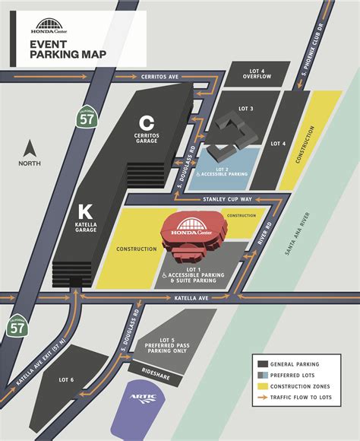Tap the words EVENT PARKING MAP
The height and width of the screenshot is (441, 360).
tap(68, 49)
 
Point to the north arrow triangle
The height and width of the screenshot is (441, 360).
tap(30, 147)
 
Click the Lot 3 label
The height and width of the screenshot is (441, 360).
tap(245, 109)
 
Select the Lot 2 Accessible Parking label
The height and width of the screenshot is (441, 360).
tap(232, 171)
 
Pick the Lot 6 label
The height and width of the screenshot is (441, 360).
tap(65, 379)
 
